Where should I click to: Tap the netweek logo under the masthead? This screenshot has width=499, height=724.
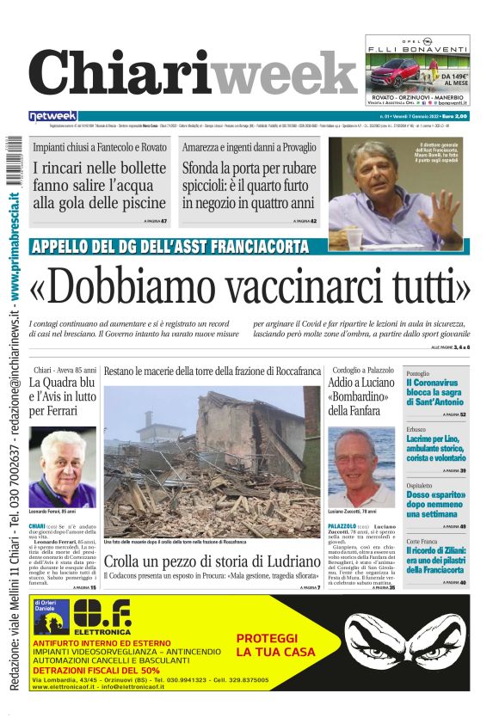[53, 115]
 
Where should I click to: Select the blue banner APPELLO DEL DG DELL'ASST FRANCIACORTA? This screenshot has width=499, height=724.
[169, 247]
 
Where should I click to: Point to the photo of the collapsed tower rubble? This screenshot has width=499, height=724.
[212, 463]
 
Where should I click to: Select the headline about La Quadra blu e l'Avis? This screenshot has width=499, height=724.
[62, 397]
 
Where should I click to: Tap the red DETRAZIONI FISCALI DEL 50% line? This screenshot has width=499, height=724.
[96, 670]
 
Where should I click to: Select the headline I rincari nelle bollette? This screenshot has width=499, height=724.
[100, 186]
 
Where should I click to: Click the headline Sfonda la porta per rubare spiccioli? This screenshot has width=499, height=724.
[248, 186]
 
